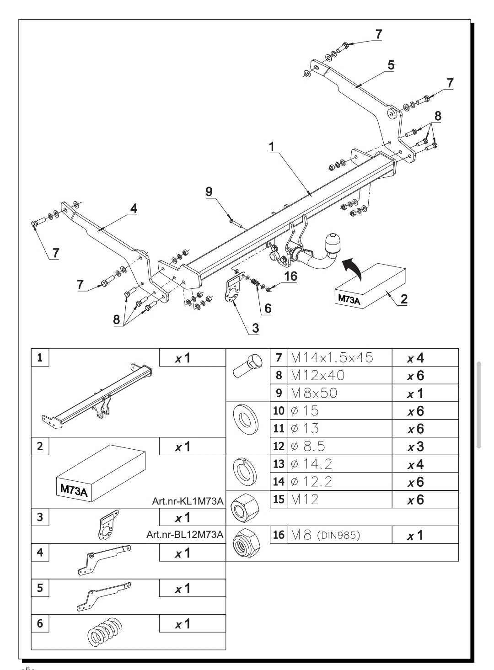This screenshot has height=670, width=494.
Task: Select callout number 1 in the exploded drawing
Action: [272, 147]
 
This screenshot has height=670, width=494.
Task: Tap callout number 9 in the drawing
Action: [209, 191]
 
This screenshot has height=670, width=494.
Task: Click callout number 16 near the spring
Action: [290, 276]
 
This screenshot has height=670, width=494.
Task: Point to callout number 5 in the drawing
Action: [391, 65]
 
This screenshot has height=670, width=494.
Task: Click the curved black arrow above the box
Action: [352, 268]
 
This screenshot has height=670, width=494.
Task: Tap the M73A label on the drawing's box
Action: [349, 299]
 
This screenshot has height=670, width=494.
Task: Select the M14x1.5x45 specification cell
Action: [340, 357]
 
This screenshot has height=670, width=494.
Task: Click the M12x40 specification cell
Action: [340, 375]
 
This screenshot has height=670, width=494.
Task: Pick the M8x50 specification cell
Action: [340, 393]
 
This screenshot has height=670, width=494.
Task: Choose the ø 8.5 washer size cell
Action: [340, 446]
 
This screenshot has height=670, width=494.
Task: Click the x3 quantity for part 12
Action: [416, 447]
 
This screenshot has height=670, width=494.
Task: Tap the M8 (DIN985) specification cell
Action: [340, 535]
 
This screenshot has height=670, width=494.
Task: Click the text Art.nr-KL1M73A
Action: [188, 501]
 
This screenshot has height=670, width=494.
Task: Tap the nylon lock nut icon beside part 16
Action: [247, 543]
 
